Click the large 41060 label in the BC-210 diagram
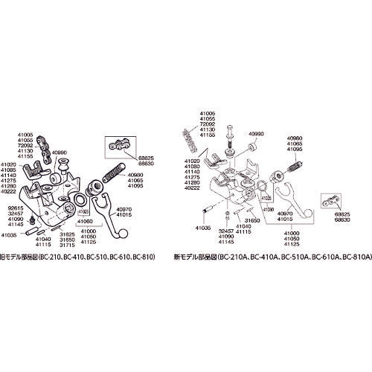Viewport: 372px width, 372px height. pyautogui.click(x=84, y=221)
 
